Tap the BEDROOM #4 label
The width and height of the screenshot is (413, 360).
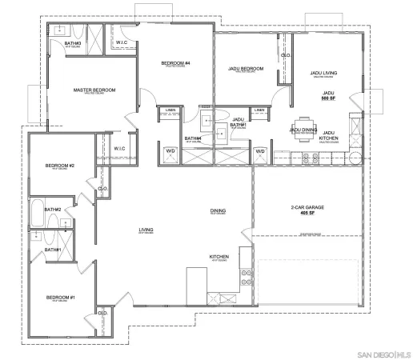click(x=174, y=62)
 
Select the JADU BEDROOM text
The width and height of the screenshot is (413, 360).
click(x=243, y=70)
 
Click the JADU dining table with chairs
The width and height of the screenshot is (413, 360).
click(x=303, y=136)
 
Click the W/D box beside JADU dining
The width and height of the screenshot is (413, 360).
click(x=260, y=150)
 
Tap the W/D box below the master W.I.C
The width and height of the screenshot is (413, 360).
click(x=170, y=150)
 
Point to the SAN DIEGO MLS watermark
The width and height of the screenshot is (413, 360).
click(x=383, y=351)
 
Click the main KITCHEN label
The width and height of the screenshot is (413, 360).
click(x=219, y=257)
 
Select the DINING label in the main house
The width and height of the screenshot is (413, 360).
click(x=218, y=211)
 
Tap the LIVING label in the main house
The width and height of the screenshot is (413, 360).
click(x=146, y=230)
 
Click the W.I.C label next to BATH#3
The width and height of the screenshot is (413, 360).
click(x=122, y=42)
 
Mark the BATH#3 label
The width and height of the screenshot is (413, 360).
click(x=73, y=42)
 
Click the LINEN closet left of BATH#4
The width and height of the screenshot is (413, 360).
click(x=170, y=110)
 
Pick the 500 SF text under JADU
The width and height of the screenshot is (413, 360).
click(x=327, y=99)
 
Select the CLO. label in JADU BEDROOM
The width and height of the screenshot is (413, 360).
click(x=285, y=54)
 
